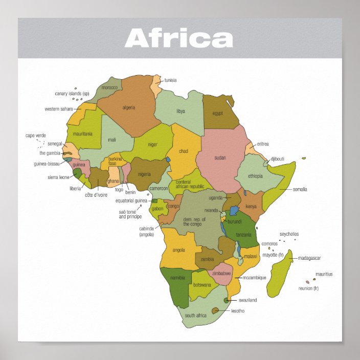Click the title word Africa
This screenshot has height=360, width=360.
(178, 38)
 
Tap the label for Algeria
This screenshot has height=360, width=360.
(129, 107)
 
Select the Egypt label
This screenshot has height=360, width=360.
(218, 113)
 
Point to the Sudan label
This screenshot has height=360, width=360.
(220, 157)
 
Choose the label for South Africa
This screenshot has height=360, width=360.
(196, 316)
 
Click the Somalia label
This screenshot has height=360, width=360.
(300, 189)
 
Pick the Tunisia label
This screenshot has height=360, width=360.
(170, 80)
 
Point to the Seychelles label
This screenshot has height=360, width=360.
(289, 234)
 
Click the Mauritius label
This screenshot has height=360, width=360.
(324, 274)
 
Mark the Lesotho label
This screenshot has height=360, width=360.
(238, 311)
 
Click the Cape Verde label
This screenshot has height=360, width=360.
(36, 136)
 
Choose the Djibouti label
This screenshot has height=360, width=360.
(278, 159)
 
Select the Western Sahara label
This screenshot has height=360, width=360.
(59, 109)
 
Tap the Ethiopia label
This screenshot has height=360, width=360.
(255, 176)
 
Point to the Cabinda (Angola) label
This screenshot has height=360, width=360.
(147, 232)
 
